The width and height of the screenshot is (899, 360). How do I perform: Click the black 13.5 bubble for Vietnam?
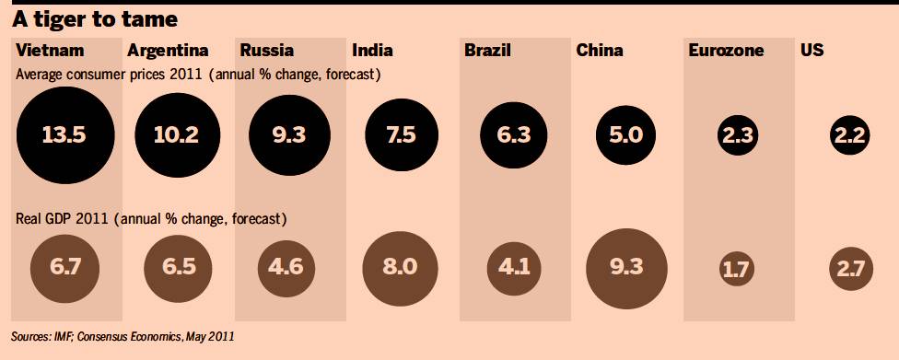coord(65,135)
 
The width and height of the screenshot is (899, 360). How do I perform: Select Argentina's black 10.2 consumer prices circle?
coord(177,135)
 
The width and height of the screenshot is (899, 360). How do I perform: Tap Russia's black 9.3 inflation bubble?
coord(289,135)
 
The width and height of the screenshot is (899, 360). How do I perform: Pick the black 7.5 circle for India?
coord(402,135)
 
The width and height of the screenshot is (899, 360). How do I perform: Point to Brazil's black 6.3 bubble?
coord(514,135)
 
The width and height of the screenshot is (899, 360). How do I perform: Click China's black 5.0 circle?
coord(625,135)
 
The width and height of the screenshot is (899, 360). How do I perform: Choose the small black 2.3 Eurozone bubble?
coord(738,136)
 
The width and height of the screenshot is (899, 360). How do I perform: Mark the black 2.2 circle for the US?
coord(849,136)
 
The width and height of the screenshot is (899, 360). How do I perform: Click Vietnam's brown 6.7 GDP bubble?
coord(64,268)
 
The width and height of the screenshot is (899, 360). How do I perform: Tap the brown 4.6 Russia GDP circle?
coord(286,268)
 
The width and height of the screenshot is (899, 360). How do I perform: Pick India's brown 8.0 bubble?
coord(401,268)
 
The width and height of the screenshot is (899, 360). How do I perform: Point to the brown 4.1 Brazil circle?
coord(514,268)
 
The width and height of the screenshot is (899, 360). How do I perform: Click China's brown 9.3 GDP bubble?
coord(626,268)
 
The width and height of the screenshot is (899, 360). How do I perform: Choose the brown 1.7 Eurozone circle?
coord(738,268)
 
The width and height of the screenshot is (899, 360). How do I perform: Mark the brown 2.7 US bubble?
coord(851,268)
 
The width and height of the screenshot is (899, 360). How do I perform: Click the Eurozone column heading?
coord(726,51)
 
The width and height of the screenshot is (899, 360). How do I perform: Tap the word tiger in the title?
coord(66,20)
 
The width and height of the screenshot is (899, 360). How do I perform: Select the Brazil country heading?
coord(487,51)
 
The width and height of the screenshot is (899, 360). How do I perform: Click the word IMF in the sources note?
coord(63,336)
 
